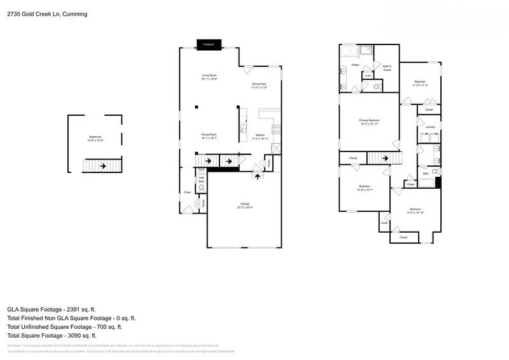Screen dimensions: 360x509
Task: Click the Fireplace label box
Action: (208, 45)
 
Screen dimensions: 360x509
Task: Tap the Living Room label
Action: (209, 78)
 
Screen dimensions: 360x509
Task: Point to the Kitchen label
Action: (260, 136)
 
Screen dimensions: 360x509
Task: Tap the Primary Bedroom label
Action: (369, 121)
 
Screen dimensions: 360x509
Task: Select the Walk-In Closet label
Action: (387, 67)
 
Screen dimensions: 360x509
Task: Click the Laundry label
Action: (430, 127)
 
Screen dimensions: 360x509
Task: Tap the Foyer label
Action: (187, 191)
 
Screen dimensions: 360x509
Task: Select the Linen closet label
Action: (368, 76)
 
